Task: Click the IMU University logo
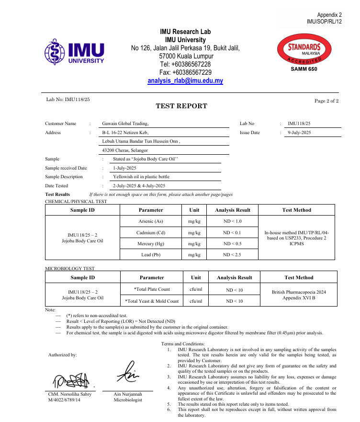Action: point(74,52)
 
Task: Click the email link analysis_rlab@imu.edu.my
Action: point(185,81)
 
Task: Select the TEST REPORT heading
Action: point(181,106)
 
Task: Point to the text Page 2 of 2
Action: point(326,101)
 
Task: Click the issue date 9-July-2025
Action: point(299,133)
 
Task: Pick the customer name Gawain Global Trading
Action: point(122,124)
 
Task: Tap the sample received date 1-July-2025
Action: point(125,168)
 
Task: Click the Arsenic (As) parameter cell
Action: point(151,221)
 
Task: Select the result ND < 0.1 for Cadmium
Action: point(232,233)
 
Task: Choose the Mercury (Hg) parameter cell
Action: point(151,244)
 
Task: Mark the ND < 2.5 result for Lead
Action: point(232,255)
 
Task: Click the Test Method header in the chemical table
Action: point(296,210)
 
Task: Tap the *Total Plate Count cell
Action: point(152,289)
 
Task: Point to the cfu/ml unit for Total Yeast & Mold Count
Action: point(196,301)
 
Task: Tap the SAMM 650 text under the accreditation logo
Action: point(304,69)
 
